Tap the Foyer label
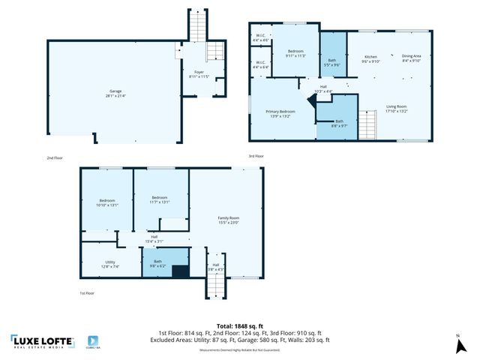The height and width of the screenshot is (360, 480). point(199,73)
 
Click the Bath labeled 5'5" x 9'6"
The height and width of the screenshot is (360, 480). point(332,63)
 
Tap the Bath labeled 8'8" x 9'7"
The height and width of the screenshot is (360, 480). point(339,124)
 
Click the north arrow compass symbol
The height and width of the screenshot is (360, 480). point(459,345)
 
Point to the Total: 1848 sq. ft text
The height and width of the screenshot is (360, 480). point(239,325)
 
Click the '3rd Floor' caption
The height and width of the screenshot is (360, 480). point(256,156)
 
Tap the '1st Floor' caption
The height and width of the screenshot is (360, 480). point(88,293)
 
